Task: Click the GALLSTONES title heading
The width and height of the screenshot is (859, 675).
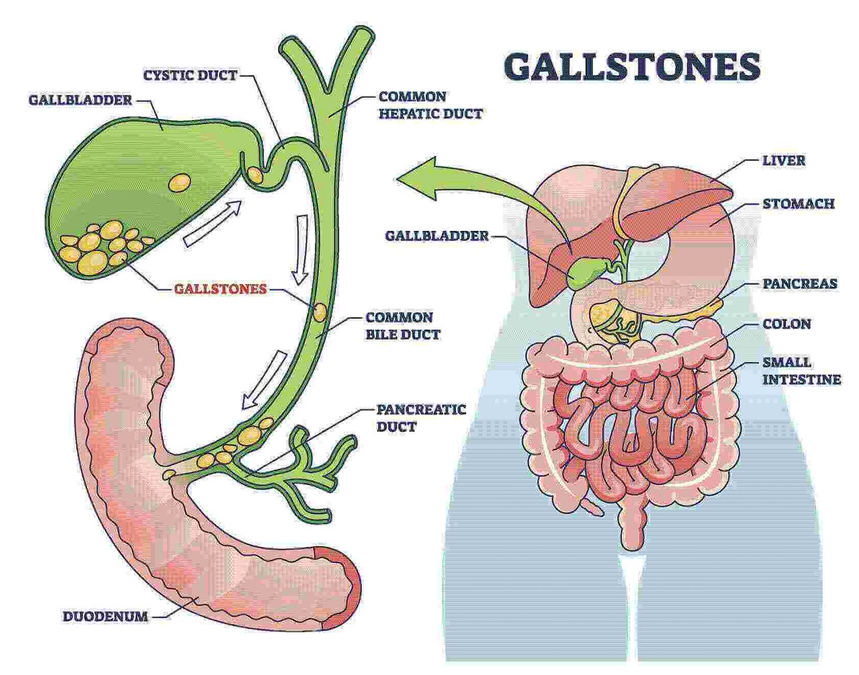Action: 632,67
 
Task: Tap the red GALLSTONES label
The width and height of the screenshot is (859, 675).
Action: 220,289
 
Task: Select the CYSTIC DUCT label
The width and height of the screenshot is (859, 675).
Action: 190,75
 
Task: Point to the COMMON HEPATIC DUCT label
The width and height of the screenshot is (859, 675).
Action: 430,105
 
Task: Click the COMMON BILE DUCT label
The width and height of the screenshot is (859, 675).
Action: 402,325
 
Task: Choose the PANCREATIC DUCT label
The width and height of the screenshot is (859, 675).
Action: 421,418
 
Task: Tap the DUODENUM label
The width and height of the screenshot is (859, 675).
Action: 105,616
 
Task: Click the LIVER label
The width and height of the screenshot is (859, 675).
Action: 783,160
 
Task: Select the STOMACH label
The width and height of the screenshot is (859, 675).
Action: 798,204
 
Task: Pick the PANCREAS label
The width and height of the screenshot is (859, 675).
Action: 799,283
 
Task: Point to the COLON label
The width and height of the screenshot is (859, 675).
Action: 786,324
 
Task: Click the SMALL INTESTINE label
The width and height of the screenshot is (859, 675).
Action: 801,370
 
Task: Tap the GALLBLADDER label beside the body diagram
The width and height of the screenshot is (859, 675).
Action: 437,236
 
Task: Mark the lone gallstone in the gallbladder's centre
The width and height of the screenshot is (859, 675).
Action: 179,182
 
